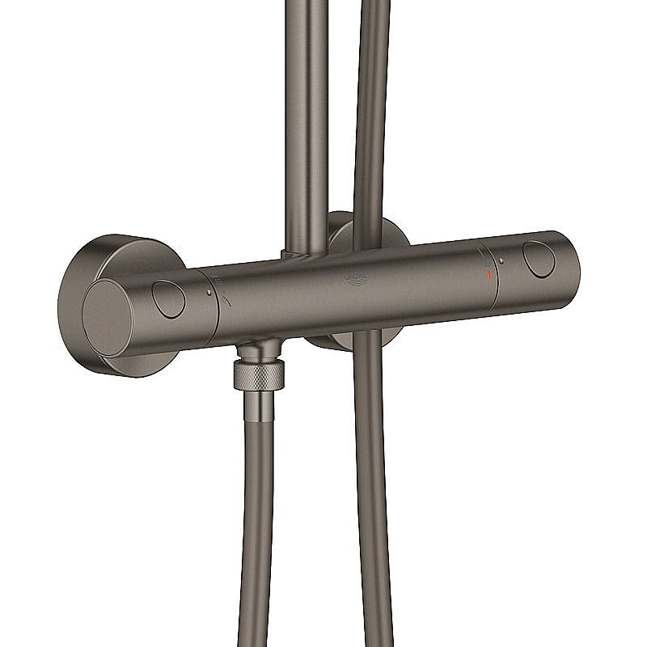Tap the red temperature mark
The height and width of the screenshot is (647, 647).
tap(487, 276)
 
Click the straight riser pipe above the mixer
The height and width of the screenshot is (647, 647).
tap(307, 121)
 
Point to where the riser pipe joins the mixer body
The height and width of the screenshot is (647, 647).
tap(301, 256)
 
